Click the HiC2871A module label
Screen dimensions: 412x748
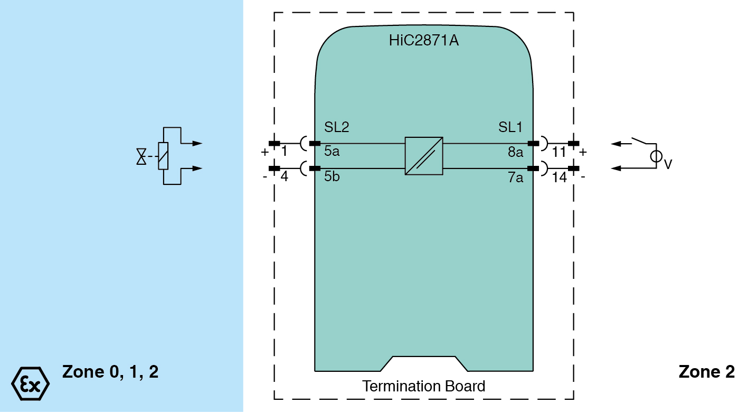click(423, 41)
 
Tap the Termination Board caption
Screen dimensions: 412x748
click(423, 386)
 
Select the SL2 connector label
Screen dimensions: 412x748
click(336, 127)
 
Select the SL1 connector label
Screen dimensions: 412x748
click(510, 127)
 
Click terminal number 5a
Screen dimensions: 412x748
click(332, 152)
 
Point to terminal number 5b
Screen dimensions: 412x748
click(332, 176)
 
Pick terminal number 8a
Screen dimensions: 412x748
click(515, 152)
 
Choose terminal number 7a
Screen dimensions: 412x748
click(515, 177)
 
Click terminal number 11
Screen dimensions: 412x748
click(559, 153)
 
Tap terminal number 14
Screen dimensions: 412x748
click(560, 177)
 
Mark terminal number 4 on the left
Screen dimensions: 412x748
click(284, 176)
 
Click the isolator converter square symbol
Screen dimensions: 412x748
click(423, 156)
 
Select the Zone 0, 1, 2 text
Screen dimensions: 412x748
click(110, 372)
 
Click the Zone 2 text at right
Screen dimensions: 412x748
click(706, 372)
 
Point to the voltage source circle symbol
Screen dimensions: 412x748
click(656, 156)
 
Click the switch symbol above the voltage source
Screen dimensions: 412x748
click(641, 141)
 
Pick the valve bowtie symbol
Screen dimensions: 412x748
click(141, 156)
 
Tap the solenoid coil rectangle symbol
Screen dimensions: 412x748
click(163, 156)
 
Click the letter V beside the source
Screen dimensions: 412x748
click(668, 165)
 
